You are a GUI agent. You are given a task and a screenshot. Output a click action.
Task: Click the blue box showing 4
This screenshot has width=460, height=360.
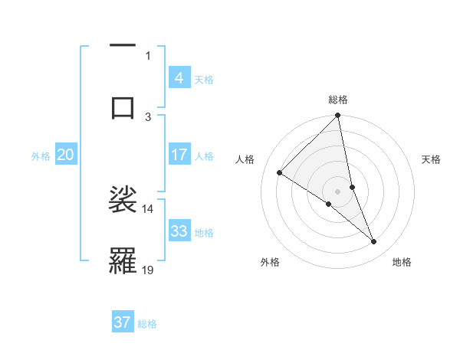[179, 77]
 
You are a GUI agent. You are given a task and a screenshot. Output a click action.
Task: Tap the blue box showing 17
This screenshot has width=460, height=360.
[179, 155]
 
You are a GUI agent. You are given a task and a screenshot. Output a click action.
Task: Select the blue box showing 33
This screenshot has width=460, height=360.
[179, 231]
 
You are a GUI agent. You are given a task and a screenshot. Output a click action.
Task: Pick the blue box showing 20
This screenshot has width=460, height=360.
[65, 155]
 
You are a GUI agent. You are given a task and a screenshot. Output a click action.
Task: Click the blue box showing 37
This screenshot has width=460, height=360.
[122, 322]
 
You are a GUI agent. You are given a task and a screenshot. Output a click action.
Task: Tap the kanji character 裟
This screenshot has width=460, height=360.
[123, 198]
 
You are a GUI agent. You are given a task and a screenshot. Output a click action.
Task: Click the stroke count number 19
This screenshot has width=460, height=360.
[148, 270]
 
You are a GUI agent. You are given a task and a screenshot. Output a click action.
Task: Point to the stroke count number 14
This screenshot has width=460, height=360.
[147, 208]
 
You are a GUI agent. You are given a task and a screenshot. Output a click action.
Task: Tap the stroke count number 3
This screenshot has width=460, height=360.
[148, 116]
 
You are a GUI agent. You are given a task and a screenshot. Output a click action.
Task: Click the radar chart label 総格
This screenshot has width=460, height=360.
[338, 100]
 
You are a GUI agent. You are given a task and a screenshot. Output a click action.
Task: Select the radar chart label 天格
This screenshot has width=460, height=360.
[432, 159]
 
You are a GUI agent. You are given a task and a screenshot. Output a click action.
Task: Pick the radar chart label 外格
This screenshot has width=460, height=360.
[270, 263]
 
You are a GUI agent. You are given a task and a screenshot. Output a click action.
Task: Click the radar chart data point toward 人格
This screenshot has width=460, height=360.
[280, 172]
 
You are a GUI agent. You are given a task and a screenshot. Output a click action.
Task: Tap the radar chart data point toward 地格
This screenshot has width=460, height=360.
[374, 242]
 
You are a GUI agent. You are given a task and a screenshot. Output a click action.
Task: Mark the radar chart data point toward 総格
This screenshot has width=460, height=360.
[338, 116]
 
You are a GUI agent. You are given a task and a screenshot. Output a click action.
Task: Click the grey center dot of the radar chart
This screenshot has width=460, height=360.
[338, 191]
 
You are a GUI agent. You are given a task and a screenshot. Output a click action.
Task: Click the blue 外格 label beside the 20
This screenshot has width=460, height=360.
[41, 155]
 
